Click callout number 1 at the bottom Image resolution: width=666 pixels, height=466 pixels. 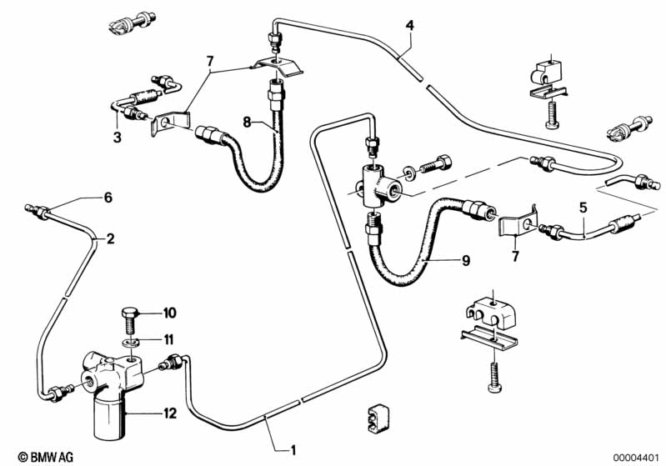coord(293,450)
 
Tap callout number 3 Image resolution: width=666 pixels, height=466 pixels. coord(117,137)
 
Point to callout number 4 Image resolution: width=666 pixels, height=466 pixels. coord(409,24)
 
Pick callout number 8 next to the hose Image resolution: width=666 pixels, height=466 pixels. coord(247,122)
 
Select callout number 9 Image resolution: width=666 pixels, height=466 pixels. coord(465,261)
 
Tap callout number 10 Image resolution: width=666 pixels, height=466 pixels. coord(170,313)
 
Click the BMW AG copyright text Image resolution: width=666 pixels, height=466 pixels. coord(38,456)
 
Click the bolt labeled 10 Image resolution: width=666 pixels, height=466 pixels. coord(131,318)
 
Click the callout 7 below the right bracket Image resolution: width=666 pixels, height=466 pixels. coord(515,256)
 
